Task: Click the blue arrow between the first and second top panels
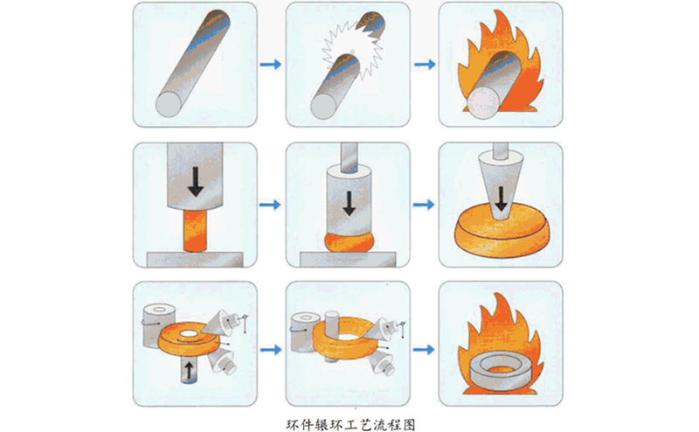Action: [x=272, y=65]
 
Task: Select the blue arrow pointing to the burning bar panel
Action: [x=424, y=65]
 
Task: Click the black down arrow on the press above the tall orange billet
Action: [x=195, y=179]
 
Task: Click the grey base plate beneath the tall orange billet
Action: [x=195, y=261]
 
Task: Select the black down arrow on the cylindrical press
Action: [x=349, y=203]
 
